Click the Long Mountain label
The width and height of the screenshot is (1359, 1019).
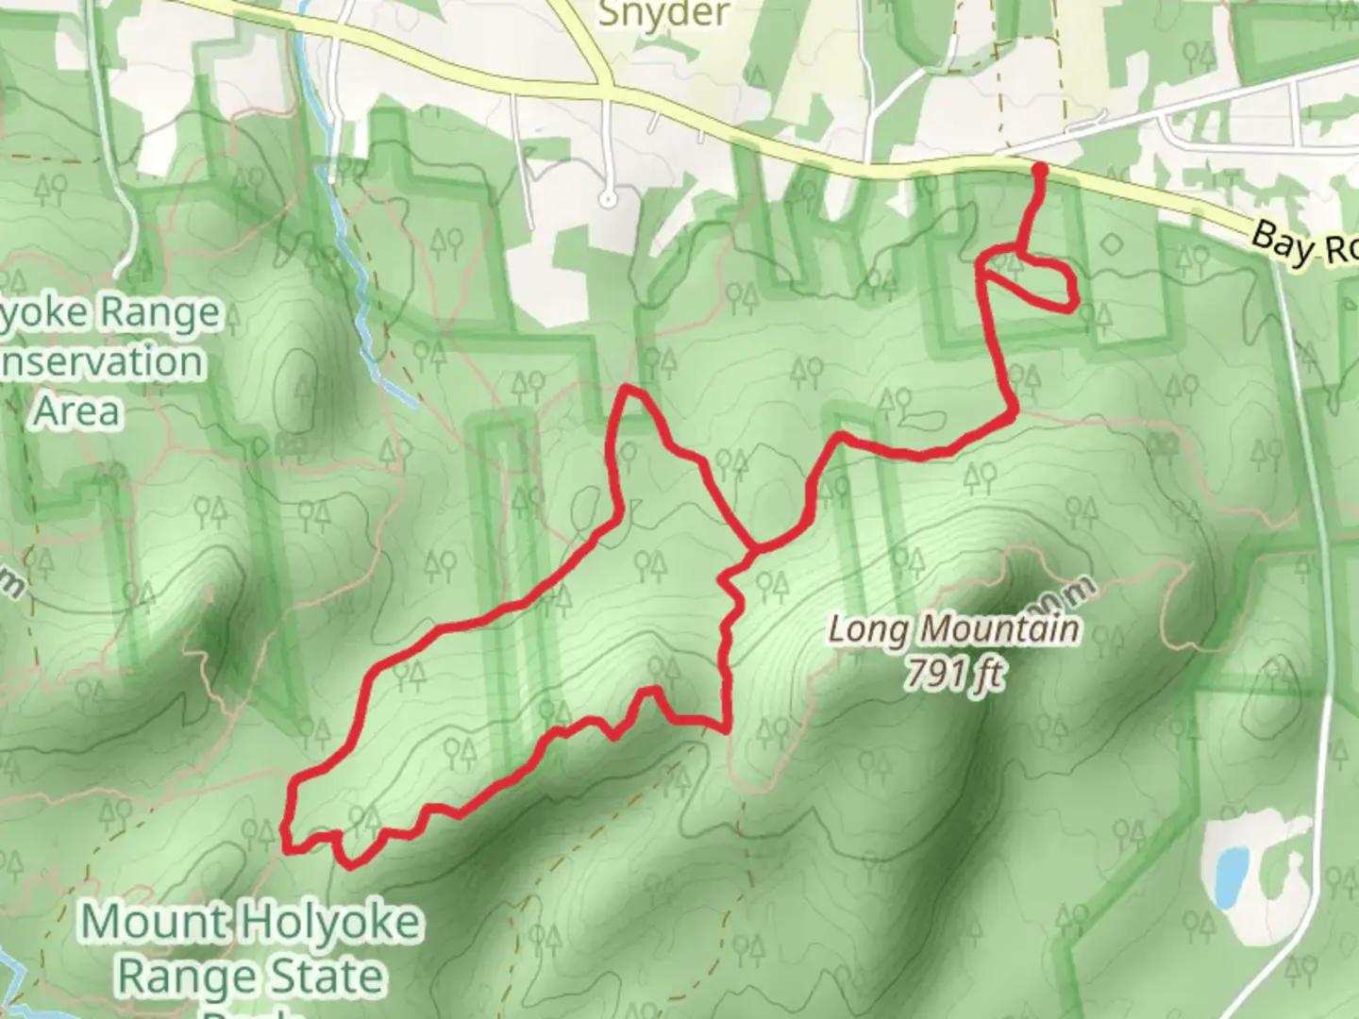click(953, 628)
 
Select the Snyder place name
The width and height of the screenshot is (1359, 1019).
click(664, 13)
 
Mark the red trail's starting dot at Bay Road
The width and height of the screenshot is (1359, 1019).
click(1040, 170)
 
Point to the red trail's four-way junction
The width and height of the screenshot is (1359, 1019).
click(753, 547)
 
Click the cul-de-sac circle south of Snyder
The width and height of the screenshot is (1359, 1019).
click(609, 199)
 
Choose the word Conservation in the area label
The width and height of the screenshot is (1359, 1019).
click(102, 362)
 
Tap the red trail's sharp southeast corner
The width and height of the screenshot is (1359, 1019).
click(725, 727)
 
